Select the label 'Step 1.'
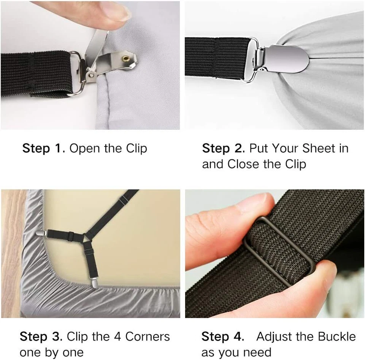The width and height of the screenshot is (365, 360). [x=44, y=148]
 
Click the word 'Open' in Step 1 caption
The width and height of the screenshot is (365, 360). [x=85, y=148]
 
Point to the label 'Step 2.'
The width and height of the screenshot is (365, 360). [x=224, y=148]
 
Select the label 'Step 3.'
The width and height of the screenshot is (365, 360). [x=41, y=336]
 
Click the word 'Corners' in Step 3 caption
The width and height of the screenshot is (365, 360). [x=148, y=336]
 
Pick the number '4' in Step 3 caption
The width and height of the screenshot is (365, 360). [x=117, y=336]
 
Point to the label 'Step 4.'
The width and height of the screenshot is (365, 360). [x=223, y=336]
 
